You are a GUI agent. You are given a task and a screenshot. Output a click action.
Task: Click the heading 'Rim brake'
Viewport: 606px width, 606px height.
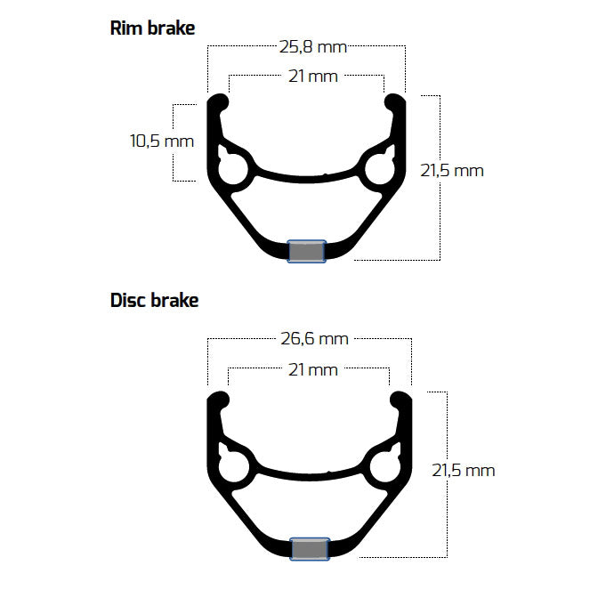(x=152, y=28)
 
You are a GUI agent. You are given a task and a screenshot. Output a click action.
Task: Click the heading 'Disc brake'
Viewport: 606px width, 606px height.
(x=154, y=300)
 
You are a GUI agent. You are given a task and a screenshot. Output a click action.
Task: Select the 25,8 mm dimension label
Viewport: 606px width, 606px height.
(x=308, y=46)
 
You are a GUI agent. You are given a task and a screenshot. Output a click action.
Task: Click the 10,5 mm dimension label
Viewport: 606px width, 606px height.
(x=161, y=141)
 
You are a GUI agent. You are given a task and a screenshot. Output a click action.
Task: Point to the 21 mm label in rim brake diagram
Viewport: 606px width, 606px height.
(x=312, y=76)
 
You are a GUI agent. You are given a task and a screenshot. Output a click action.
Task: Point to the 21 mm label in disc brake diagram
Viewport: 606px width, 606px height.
(x=312, y=368)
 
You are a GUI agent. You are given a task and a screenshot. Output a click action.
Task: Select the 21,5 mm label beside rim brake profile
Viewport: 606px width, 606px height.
(x=452, y=170)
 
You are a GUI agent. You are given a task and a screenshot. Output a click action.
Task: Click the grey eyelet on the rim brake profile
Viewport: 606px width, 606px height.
(x=307, y=251)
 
